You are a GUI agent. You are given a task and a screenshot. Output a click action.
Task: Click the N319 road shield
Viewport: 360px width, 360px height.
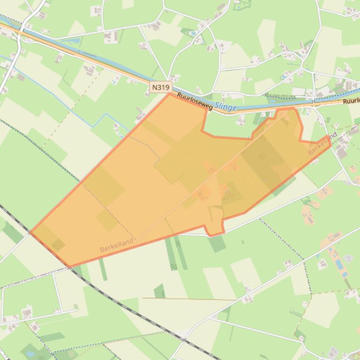(x=161, y=87)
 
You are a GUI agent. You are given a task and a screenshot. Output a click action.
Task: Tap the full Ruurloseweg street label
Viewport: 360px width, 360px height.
(x=195, y=101)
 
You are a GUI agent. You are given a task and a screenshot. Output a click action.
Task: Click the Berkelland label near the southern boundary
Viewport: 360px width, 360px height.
(x=117, y=245)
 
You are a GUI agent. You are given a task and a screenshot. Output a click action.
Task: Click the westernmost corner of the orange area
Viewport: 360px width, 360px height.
(x=30, y=231)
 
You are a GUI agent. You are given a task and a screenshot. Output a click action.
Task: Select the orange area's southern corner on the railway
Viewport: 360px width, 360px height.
(x=69, y=266)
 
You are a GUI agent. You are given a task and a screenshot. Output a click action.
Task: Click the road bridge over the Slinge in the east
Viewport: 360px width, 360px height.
(x=313, y=100)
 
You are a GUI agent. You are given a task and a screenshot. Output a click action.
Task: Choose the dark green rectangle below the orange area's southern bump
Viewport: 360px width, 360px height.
(x=217, y=244)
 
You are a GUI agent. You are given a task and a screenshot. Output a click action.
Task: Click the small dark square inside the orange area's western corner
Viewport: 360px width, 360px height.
(x=58, y=245)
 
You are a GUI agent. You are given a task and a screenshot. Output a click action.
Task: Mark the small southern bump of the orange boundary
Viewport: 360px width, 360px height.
(x=213, y=231)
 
